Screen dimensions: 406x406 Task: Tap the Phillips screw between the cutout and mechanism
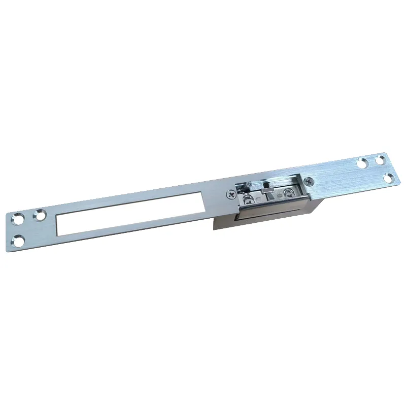click(x=231, y=193)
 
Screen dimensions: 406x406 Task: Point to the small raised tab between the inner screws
click(x=269, y=192)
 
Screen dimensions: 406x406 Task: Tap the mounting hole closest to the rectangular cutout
click(x=39, y=216)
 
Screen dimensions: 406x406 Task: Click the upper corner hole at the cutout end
click(x=18, y=220)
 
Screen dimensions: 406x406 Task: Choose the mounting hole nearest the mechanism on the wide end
click(x=362, y=163)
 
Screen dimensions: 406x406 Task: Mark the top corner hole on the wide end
click(x=380, y=159)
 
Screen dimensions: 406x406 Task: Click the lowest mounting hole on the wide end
click(x=388, y=178)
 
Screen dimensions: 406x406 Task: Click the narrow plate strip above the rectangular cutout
click(x=132, y=199)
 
